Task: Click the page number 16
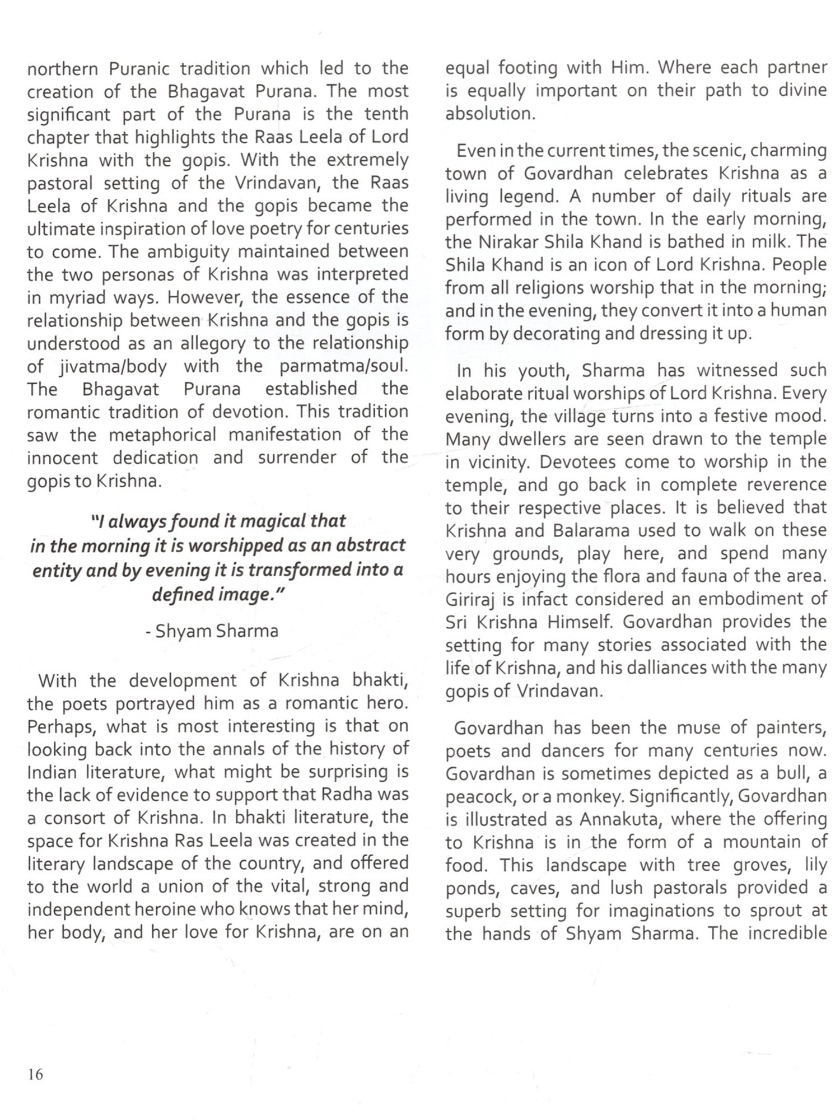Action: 35,1074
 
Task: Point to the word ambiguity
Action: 187,252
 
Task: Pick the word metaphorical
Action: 162,435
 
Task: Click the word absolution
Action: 489,114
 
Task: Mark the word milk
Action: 771,242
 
